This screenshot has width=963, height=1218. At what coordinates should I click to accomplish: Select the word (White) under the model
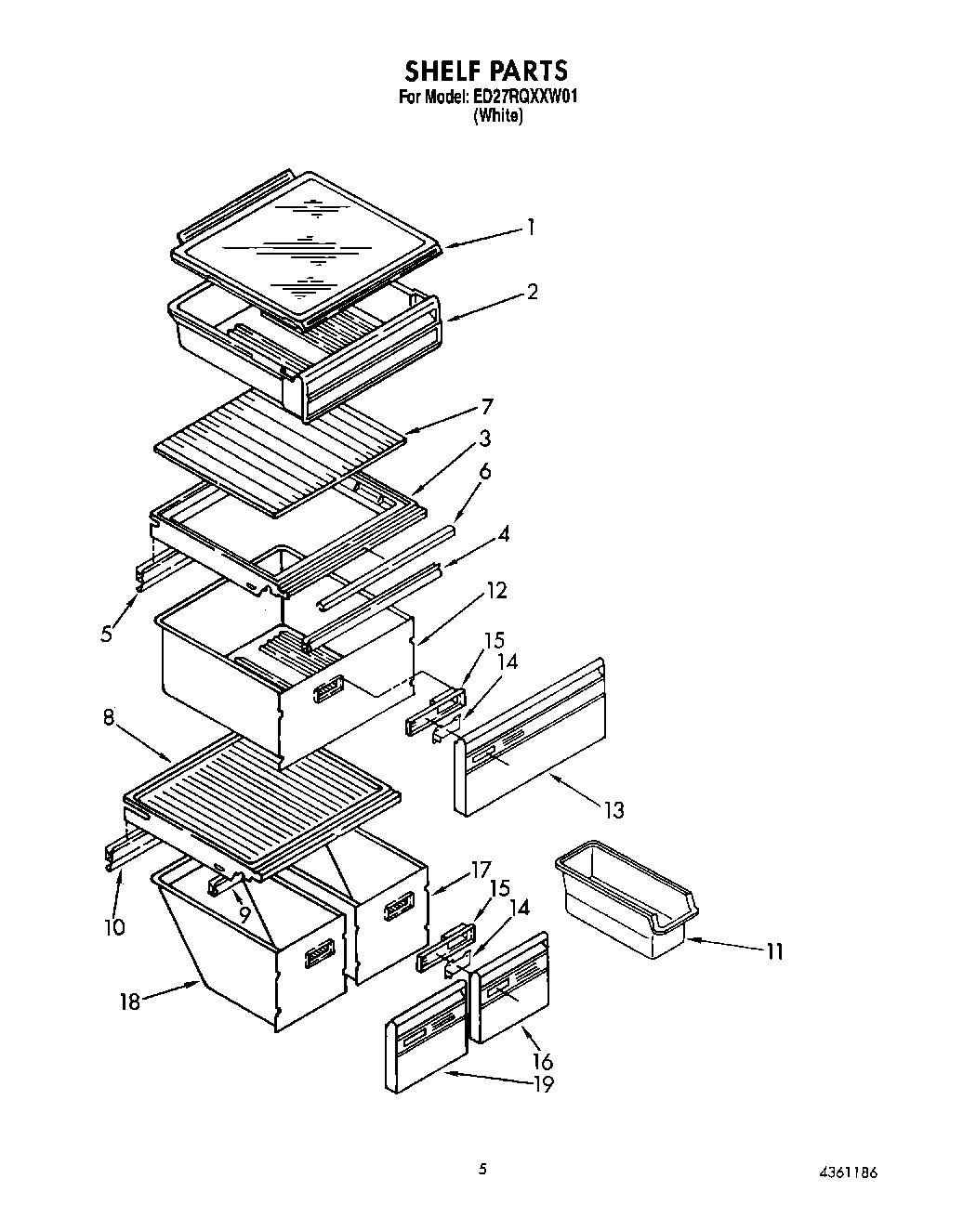(x=498, y=116)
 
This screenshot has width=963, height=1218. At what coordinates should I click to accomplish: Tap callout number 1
(x=530, y=227)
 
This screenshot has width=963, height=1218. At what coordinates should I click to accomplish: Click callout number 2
(x=532, y=292)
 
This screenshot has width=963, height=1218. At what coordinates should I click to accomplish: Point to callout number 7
(x=487, y=406)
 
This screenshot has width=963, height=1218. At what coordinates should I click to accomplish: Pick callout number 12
(x=496, y=590)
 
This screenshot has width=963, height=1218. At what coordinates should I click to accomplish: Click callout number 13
(x=613, y=809)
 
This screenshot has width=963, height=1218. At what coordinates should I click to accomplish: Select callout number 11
(x=774, y=950)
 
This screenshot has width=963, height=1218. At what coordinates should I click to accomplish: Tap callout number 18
(x=130, y=1002)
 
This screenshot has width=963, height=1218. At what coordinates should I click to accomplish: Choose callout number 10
(x=114, y=926)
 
